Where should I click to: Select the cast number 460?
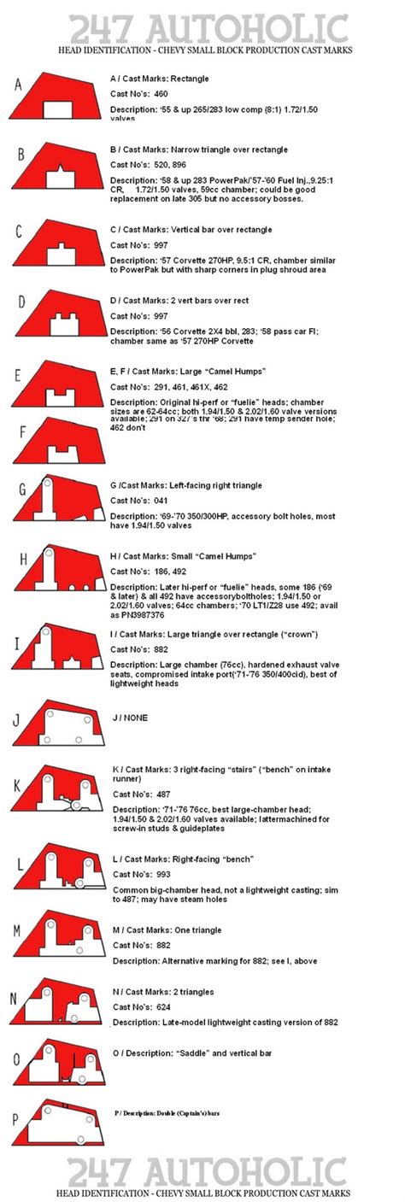(160, 93)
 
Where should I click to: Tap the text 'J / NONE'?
(129, 718)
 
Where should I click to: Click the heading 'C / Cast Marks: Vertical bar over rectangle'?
(191, 230)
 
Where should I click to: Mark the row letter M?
(17, 929)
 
